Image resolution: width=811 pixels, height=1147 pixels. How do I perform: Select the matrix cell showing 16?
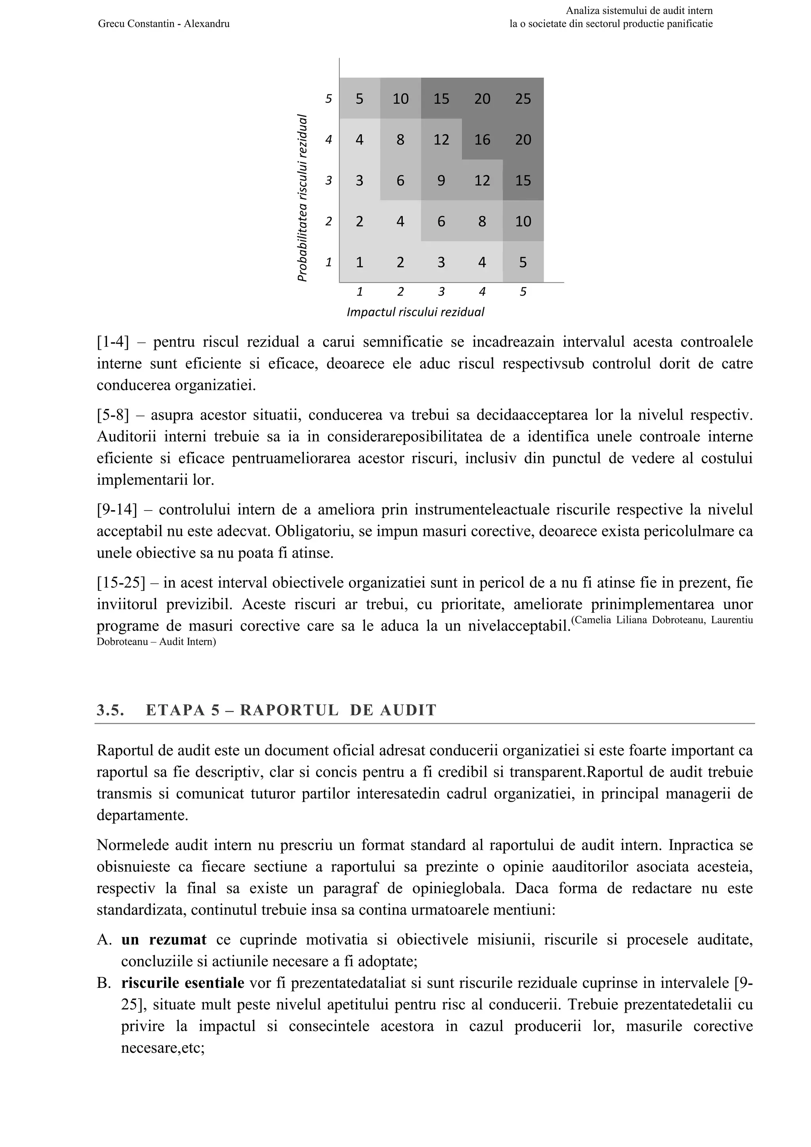482,139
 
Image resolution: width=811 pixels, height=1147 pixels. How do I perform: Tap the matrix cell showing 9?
441,180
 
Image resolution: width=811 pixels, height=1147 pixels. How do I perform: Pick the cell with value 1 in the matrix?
359,262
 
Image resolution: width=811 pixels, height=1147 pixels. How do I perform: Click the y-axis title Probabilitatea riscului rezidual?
302,198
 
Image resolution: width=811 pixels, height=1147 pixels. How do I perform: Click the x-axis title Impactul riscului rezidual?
415,312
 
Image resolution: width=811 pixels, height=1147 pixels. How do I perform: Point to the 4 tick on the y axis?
328,139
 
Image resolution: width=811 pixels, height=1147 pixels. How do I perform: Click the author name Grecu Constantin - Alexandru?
164,23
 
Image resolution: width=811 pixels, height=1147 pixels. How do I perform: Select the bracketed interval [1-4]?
112,342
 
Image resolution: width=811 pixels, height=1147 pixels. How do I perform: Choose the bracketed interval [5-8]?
112,415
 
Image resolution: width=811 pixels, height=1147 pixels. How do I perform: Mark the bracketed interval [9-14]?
116,510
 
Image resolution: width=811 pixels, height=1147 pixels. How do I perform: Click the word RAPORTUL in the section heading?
289,711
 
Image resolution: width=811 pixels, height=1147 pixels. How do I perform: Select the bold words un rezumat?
164,940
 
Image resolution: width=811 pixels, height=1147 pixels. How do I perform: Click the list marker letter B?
103,983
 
